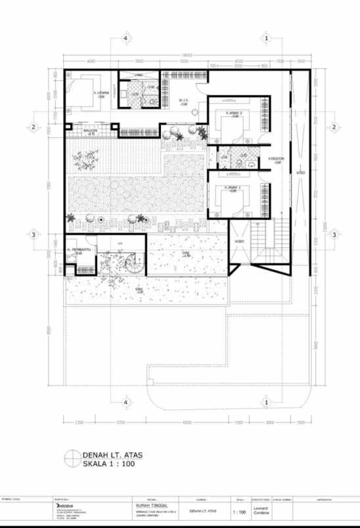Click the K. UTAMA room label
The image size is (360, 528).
(x=101, y=93)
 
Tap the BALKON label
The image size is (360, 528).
(x=91, y=131)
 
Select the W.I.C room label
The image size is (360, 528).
(x=184, y=100)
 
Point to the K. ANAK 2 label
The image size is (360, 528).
(x=234, y=114)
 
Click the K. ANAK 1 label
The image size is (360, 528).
(x=233, y=188)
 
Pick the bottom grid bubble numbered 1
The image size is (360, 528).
(x=266, y=401)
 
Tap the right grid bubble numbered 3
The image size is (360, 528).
(x=334, y=234)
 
